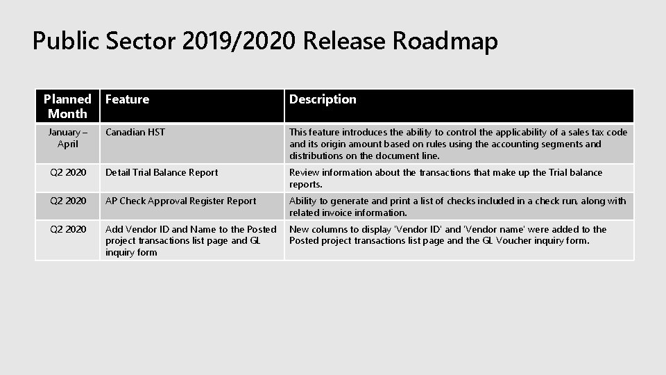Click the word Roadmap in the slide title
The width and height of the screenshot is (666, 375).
pyautogui.click(x=445, y=42)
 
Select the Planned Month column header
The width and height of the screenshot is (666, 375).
pyautogui.click(x=67, y=106)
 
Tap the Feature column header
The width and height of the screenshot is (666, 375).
pyautogui.click(x=127, y=99)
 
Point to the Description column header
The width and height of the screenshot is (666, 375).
pyautogui.click(x=323, y=99)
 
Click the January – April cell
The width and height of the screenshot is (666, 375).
pyautogui.click(x=67, y=137)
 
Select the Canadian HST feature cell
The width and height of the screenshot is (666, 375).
pyautogui.click(x=135, y=132)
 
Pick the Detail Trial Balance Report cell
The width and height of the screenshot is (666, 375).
pyautogui.click(x=162, y=172)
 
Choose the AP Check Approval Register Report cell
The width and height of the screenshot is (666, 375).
pyautogui.click(x=180, y=201)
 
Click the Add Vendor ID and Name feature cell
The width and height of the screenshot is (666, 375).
pyautogui.click(x=190, y=240)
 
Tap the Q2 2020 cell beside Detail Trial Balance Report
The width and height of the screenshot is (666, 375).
pyautogui.click(x=67, y=172)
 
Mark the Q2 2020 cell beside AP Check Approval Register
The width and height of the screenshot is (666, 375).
pyautogui.click(x=67, y=201)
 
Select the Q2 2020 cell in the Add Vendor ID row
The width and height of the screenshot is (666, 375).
pyautogui.click(x=67, y=229)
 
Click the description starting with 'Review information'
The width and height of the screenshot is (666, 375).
pyautogui.click(x=445, y=178)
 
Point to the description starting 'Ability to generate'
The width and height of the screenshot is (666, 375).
pyautogui.click(x=457, y=206)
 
